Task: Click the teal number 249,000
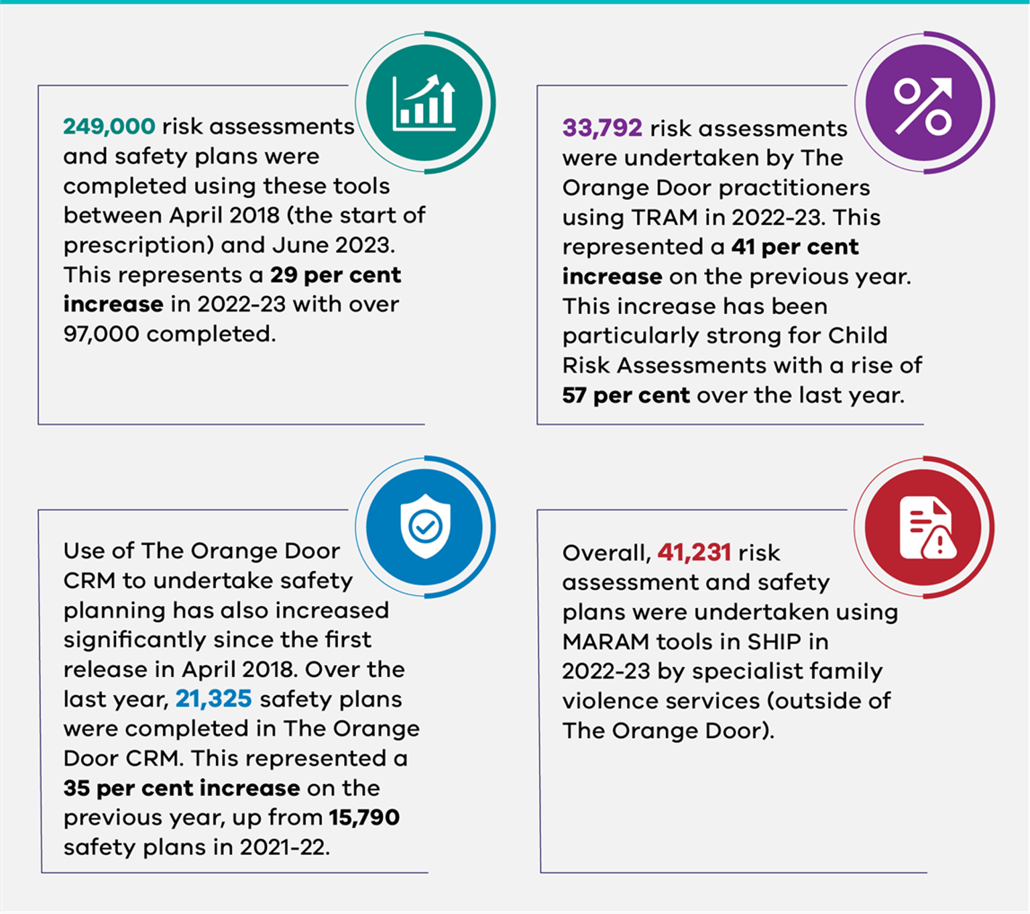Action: click(109, 126)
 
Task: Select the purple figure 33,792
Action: click(602, 128)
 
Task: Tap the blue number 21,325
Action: click(213, 699)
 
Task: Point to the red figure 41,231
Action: click(693, 553)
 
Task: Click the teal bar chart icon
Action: click(424, 103)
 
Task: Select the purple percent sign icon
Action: click(923, 105)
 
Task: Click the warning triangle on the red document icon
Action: click(939, 543)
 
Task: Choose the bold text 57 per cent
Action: click(626, 395)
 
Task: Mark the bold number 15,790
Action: click(363, 817)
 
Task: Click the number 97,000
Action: click(101, 334)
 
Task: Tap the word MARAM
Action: click(606, 642)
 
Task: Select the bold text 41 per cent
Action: click(795, 247)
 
